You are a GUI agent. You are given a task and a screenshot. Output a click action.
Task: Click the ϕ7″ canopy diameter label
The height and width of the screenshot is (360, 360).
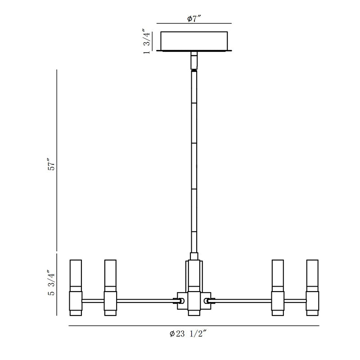tap(194, 18)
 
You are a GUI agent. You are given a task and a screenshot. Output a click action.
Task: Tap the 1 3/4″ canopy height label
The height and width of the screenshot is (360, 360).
tap(147, 41)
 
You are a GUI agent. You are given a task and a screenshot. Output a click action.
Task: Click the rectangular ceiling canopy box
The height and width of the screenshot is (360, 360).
tap(194, 41)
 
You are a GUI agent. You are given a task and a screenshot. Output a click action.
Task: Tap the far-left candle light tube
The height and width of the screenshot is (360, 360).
tap(76, 288)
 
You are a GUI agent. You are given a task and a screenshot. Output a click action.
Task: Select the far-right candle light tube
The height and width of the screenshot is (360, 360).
tap(312, 288)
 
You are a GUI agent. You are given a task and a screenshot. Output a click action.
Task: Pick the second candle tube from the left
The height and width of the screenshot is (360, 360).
tap(110, 288)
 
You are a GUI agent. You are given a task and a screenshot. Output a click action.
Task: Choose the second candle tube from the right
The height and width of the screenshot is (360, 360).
tap(278, 288)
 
